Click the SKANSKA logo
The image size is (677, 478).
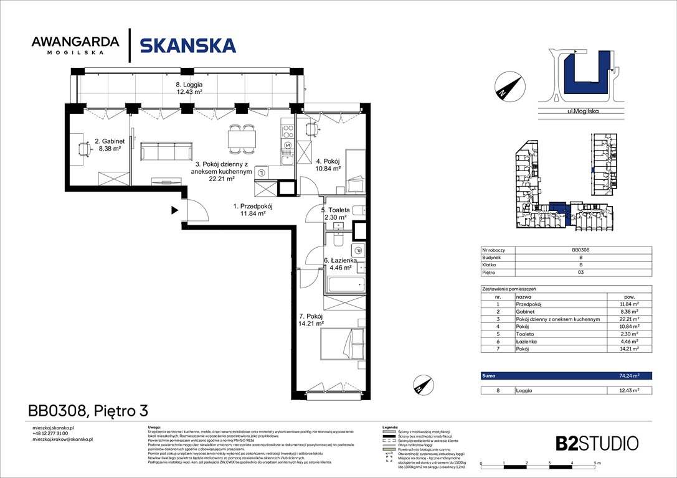[x=187, y=45]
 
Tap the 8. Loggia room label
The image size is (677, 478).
[x=189, y=88]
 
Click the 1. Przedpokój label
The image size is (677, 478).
[x=253, y=210]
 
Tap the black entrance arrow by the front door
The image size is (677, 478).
[x=175, y=210]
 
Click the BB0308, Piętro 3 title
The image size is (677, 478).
[x=88, y=411]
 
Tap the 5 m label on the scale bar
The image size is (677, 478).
[x=597, y=464]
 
